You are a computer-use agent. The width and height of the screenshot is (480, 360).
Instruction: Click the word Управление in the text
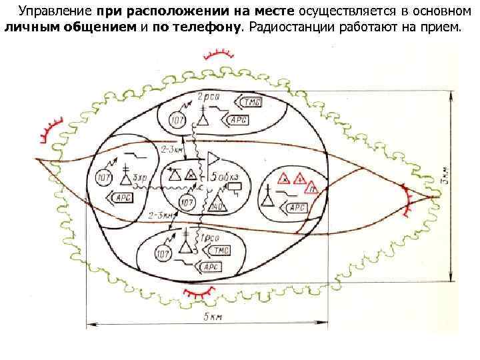(55, 11)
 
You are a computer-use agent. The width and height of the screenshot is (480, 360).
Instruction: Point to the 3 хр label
(139, 178)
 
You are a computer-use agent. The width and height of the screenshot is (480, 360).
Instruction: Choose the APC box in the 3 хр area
(124, 197)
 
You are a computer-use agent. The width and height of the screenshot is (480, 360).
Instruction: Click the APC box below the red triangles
(297, 207)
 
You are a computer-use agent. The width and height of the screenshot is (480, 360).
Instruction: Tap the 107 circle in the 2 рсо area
(177, 120)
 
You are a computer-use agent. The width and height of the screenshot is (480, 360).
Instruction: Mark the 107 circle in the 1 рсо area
(162, 253)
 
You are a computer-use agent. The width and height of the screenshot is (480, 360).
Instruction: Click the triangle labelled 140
(216, 203)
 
